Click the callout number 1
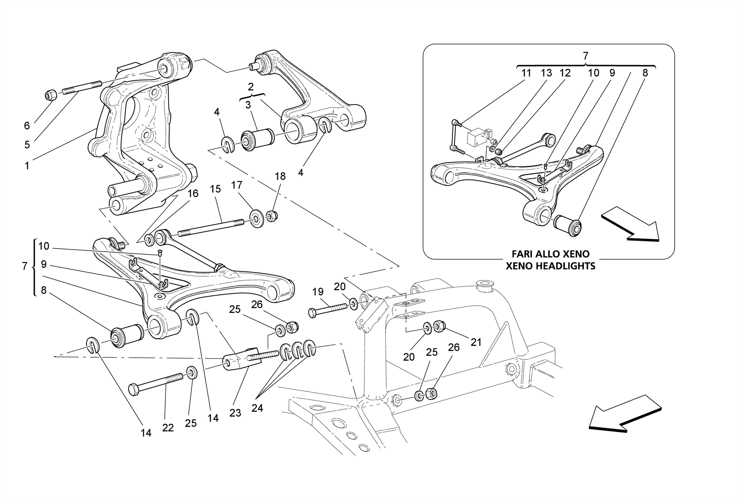click(x=26, y=166)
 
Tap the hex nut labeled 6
click(x=51, y=95)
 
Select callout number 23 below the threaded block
click(x=235, y=413)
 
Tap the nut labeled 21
click(x=439, y=327)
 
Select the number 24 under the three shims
click(x=257, y=408)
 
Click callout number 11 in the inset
click(x=526, y=73)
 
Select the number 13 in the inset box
click(x=546, y=73)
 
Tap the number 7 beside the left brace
click(x=25, y=266)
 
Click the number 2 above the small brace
click(x=250, y=86)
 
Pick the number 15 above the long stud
click(x=215, y=189)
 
